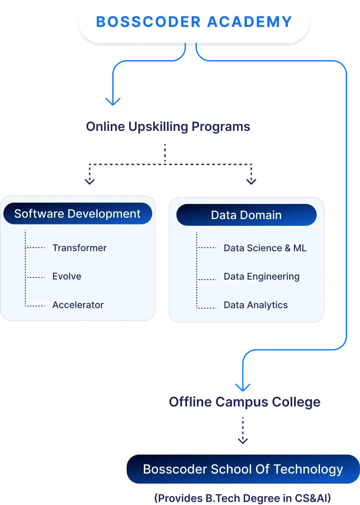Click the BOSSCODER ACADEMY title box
click(194, 22)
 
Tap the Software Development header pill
click(78, 214)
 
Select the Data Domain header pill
click(246, 215)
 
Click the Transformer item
click(79, 248)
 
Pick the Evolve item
click(67, 277)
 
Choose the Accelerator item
click(78, 305)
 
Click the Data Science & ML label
click(265, 248)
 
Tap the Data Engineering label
click(262, 277)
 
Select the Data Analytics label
click(256, 305)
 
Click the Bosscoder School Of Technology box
click(243, 469)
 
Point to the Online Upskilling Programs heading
click(168, 127)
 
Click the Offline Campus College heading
click(244, 403)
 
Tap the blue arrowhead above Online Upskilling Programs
click(113, 101)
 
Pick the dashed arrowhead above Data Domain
click(251, 181)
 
